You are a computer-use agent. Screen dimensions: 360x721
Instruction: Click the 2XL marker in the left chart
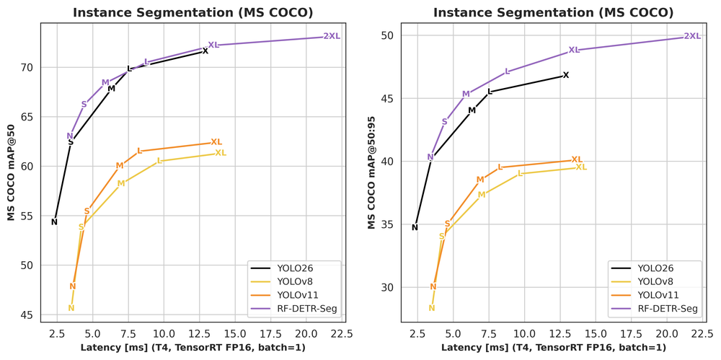[x=332, y=36]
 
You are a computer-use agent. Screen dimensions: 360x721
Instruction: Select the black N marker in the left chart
[x=54, y=221]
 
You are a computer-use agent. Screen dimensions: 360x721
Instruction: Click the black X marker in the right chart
[x=566, y=75]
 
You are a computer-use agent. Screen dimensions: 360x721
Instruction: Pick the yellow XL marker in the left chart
[x=221, y=153]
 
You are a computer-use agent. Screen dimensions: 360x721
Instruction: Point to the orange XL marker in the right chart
[x=577, y=159]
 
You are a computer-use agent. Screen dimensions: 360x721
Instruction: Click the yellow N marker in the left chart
[x=71, y=308]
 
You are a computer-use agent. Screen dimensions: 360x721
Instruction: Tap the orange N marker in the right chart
[x=433, y=286]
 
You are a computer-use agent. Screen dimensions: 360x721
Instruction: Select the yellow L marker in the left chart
[x=159, y=161]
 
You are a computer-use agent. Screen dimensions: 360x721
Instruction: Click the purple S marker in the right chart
[x=445, y=122]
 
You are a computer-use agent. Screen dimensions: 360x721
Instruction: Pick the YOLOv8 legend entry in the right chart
[x=655, y=281]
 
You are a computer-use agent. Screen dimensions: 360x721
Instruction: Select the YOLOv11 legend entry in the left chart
[x=295, y=295]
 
